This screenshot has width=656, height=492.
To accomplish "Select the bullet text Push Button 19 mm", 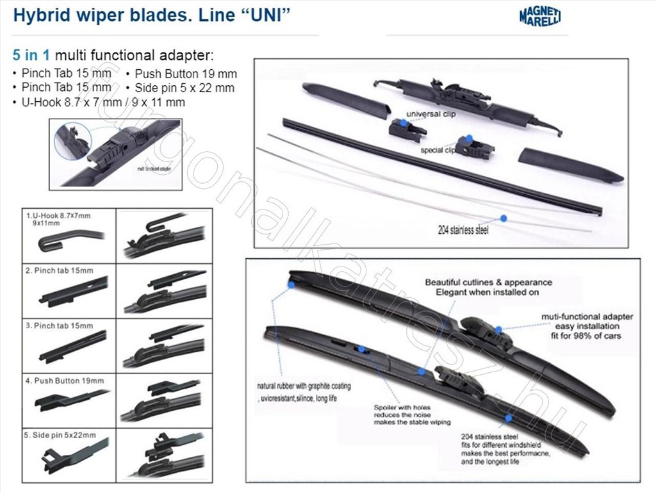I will (x=186, y=74).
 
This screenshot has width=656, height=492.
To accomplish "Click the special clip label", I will (x=438, y=151).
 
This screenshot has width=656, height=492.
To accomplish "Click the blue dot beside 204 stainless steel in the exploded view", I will (x=504, y=218).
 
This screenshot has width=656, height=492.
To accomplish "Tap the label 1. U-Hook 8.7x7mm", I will (x=58, y=216).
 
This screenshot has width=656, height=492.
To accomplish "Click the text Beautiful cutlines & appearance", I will (x=488, y=282).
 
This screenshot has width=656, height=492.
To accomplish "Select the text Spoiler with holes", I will (x=402, y=407).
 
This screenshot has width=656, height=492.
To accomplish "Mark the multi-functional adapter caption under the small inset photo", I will (x=154, y=170).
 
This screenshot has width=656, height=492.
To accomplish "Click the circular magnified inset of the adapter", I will (x=72, y=141).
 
